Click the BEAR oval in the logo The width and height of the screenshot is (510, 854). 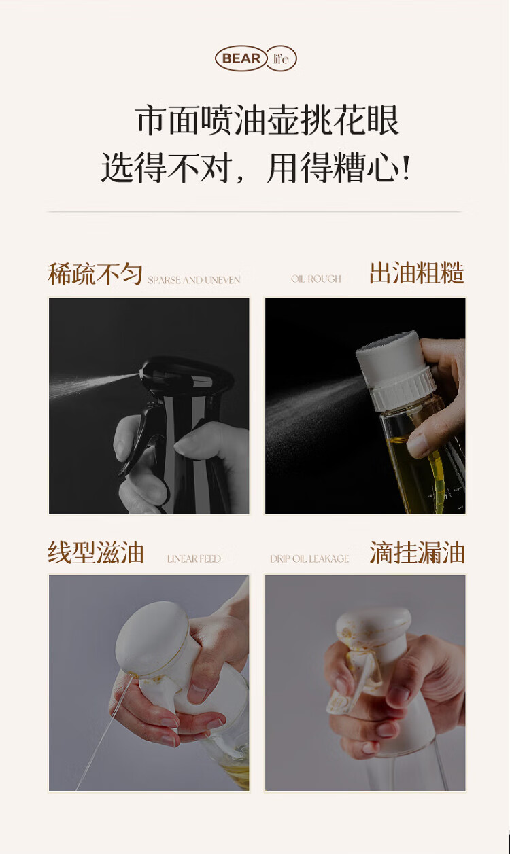[241, 58]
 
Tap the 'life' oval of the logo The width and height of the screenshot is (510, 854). [282, 58]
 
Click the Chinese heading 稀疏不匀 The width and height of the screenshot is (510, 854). [95, 274]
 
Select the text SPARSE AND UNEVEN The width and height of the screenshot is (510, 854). [194, 280]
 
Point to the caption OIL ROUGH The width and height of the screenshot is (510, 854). [316, 279]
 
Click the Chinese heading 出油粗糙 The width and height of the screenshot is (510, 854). [417, 272]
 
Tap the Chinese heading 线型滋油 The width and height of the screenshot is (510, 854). [96, 552]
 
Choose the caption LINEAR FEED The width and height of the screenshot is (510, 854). [194, 558]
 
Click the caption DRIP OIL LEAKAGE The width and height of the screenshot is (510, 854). [309, 558]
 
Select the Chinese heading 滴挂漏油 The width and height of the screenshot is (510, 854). [417, 552]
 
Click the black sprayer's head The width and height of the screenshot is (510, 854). [186, 375]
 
